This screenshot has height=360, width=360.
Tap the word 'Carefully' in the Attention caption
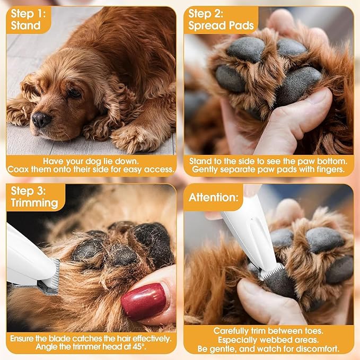point(233,331)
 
